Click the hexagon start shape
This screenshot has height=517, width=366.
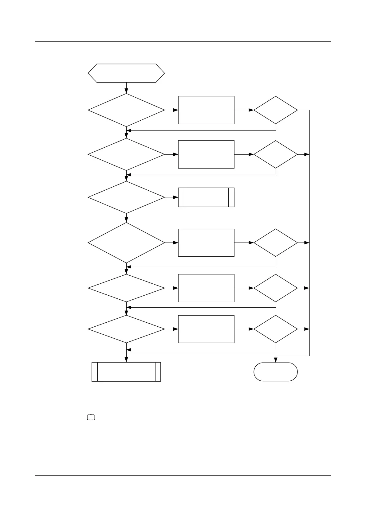[x=126, y=73]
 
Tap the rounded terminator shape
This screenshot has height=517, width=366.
[x=275, y=372]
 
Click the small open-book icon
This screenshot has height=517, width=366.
[x=91, y=417]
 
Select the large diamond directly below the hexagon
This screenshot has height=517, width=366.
[x=126, y=110]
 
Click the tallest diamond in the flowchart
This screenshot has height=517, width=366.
[x=126, y=243]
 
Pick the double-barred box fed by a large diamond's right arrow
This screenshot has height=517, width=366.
[x=206, y=197]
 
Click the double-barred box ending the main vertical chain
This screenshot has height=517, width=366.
[x=126, y=372]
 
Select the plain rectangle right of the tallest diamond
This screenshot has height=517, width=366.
[x=206, y=243]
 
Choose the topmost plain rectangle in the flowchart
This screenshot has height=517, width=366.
[x=206, y=110]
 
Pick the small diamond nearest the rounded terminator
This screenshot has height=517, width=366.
[x=275, y=329]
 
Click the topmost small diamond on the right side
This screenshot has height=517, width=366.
[x=275, y=110]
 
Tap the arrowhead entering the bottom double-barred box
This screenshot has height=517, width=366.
[x=126, y=360]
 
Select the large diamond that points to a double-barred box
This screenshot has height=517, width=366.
[x=126, y=197]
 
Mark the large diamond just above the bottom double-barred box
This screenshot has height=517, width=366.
[x=126, y=329]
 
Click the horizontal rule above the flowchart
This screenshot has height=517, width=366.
[x=183, y=41]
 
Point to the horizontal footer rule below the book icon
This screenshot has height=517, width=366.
[x=183, y=476]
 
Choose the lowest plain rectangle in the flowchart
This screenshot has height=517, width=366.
[x=206, y=329]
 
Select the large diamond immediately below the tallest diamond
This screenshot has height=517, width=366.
[x=126, y=288]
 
